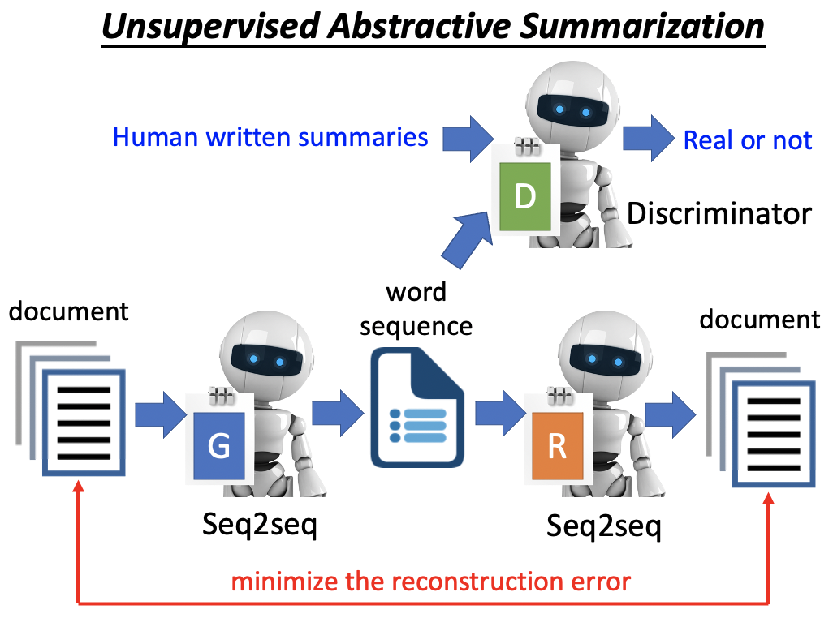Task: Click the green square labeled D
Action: point(525,196)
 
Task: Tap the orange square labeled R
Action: point(557,446)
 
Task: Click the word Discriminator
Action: point(719,213)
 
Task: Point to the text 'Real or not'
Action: point(747,139)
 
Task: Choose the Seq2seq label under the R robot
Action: point(604,526)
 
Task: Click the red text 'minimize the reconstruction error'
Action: point(430,582)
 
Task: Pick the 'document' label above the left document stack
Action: point(69,311)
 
